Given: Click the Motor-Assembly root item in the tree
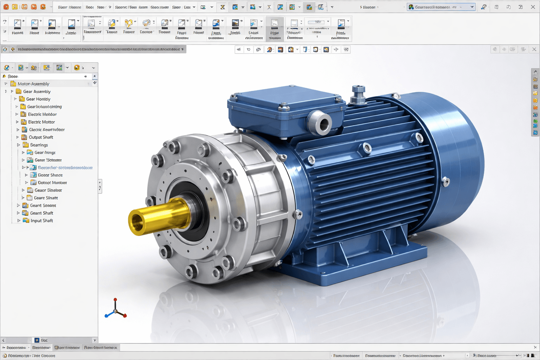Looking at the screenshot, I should (x=33, y=84).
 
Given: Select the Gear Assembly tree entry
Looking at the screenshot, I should (x=37, y=91).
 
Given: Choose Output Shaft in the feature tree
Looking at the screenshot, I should (x=41, y=137).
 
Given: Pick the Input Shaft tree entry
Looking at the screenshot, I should (x=41, y=221).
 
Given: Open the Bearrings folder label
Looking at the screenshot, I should (x=39, y=145).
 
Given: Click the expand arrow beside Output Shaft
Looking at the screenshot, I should (x=18, y=137).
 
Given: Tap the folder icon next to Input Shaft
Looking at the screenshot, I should (x=26, y=220).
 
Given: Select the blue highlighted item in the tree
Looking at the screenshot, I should (x=65, y=168).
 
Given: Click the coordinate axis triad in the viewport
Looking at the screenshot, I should (x=115, y=310).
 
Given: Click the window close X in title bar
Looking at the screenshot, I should (x=533, y=7).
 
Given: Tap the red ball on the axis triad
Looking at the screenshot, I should (x=125, y=316).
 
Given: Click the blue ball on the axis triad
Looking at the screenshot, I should (x=106, y=316).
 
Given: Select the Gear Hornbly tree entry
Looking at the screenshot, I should (x=38, y=99).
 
